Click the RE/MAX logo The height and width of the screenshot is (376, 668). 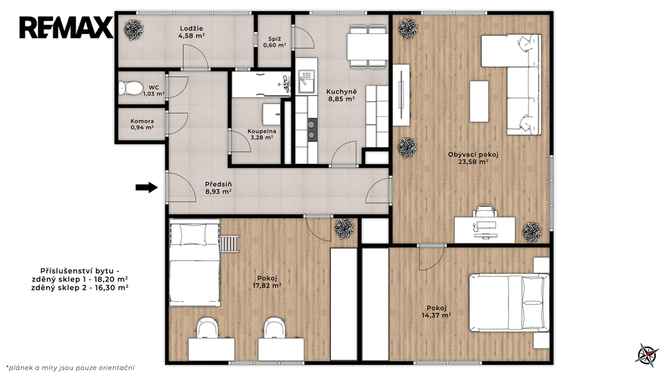[x=66, y=27]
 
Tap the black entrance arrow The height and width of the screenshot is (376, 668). [x=147, y=187]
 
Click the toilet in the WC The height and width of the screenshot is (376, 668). [x=130, y=88]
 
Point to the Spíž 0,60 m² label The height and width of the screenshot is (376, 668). [x=275, y=42]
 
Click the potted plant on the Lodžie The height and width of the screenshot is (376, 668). [x=134, y=30]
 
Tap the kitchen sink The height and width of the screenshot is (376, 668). [x=307, y=82]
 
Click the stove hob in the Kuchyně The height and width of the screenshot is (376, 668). [x=312, y=130]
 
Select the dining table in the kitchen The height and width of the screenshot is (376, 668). [x=367, y=47]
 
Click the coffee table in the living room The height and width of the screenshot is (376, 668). [x=479, y=101]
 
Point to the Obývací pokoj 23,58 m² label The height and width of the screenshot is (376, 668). [x=473, y=158]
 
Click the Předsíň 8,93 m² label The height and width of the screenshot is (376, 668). [x=218, y=188]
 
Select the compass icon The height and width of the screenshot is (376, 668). [x=646, y=354]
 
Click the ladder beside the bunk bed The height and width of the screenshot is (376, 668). [x=229, y=243]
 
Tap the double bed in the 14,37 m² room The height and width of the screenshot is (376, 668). [x=509, y=303]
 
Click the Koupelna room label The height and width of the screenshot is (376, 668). [x=262, y=134]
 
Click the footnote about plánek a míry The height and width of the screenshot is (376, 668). [x=70, y=368]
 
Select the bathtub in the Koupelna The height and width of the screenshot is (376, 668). [x=261, y=84]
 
